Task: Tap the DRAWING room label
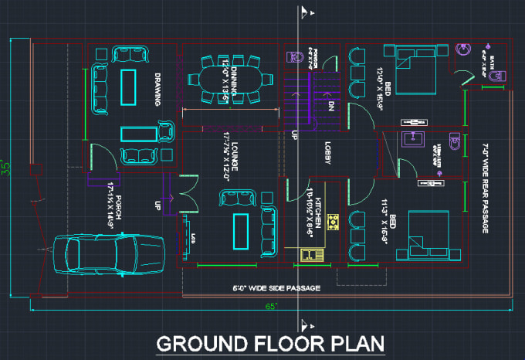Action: click(157, 88)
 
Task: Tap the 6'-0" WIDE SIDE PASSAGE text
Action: click(276, 288)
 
